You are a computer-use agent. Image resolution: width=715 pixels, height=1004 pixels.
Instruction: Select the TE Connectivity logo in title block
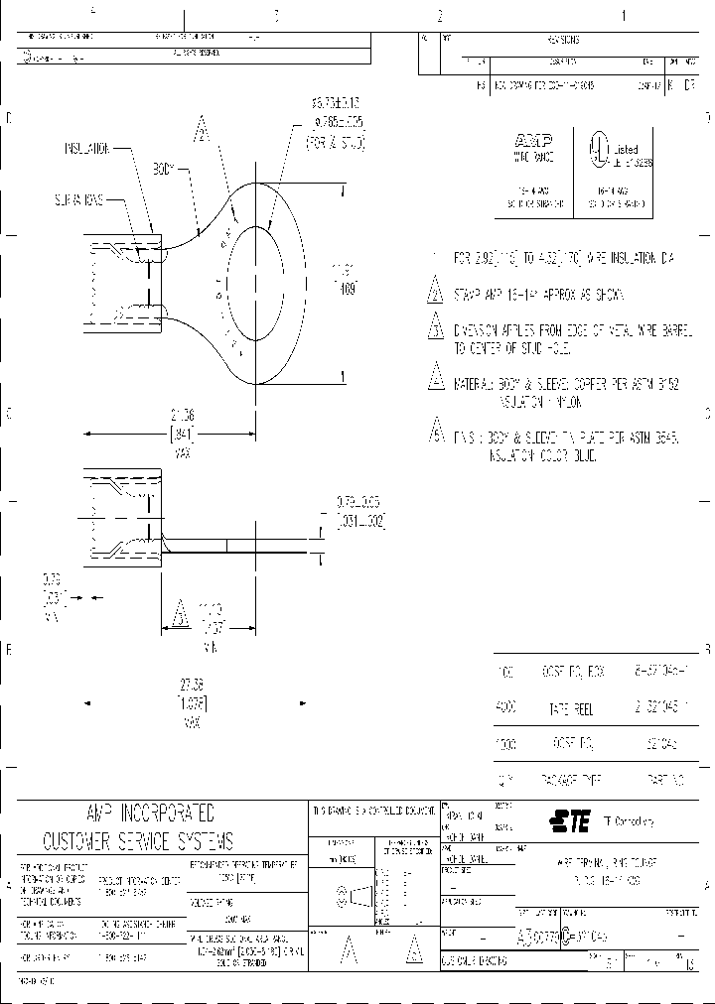(x=571, y=818)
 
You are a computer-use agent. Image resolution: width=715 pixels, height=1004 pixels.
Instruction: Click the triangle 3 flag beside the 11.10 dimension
(x=180, y=615)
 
